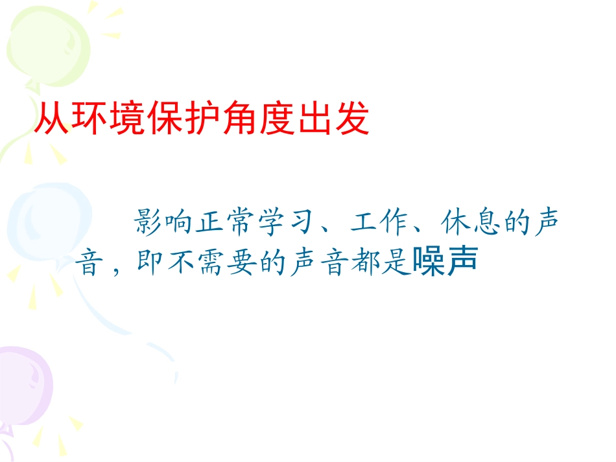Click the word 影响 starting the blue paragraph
coord(169,224)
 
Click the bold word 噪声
coord(444,262)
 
